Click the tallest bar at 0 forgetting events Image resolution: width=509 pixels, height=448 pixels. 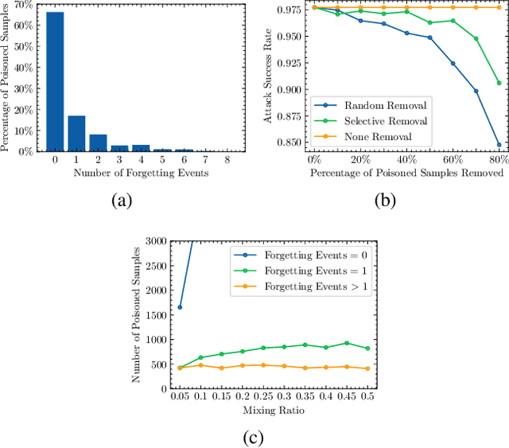[55, 81]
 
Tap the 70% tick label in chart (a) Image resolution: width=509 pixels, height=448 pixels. [25, 4]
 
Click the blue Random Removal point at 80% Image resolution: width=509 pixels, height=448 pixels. [499, 145]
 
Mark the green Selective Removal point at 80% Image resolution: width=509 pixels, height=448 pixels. [499, 83]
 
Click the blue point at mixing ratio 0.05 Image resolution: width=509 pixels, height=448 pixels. [179, 307]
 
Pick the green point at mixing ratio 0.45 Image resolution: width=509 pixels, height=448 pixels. [346, 343]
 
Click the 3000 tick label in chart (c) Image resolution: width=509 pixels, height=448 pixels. [156, 241]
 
